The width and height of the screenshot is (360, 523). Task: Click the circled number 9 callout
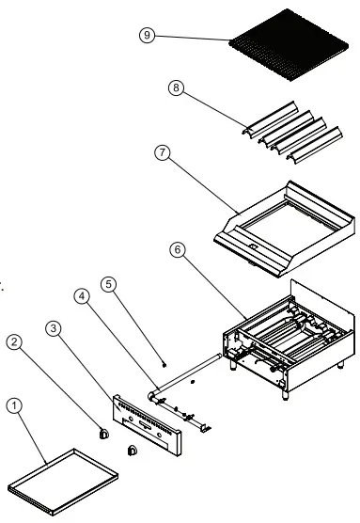point(146,35)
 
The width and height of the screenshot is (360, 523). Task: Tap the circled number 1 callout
point(13,405)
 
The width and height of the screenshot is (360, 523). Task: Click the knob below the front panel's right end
point(132,451)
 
